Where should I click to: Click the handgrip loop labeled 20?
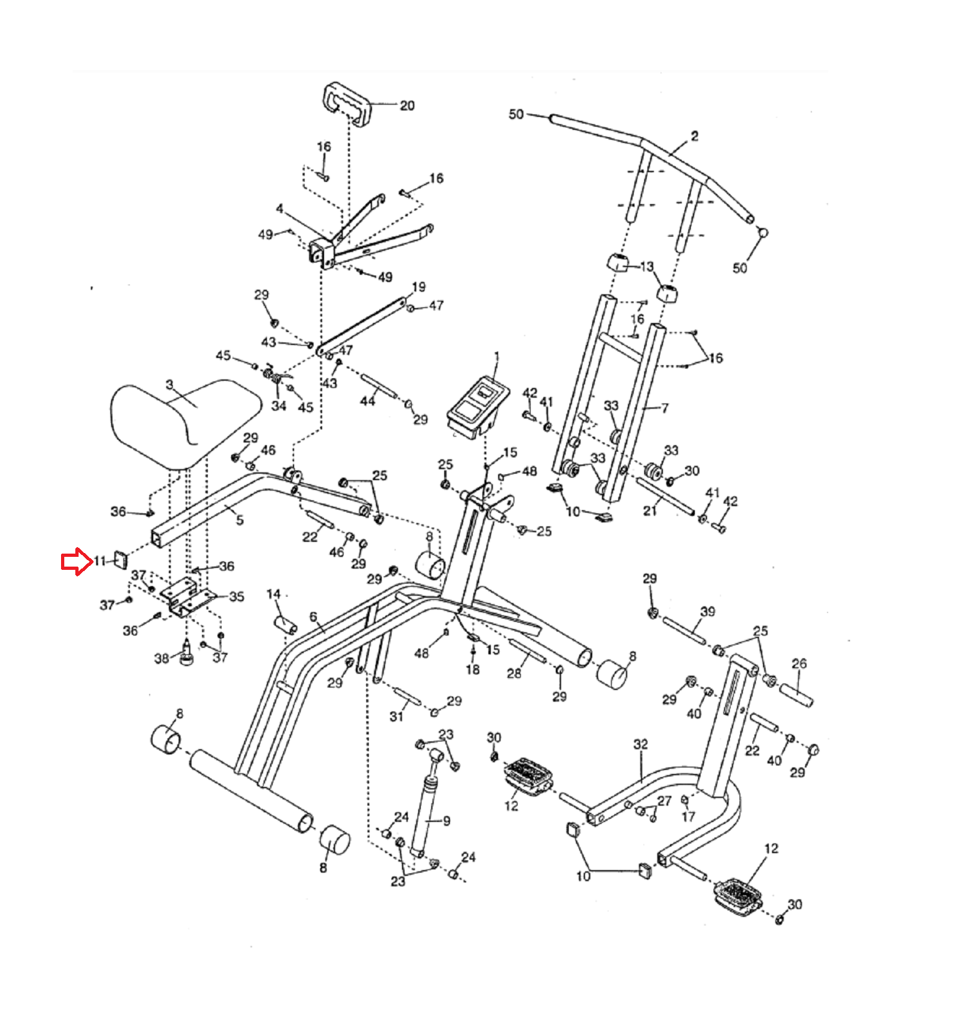347,103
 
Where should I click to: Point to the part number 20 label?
407,105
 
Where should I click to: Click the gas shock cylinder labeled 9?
425,806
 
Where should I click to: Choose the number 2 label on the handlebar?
695,136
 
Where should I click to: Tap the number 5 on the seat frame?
240,520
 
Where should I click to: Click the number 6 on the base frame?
314,617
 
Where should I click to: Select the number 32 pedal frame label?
641,744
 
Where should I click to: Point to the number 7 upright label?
664,408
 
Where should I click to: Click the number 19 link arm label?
419,287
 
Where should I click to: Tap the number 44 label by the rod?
368,401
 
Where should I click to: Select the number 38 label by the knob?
161,658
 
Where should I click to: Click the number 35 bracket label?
236,596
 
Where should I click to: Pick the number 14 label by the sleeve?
273,594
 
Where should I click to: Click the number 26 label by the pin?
799,663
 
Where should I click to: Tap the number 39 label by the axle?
708,611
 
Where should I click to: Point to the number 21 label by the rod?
650,511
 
